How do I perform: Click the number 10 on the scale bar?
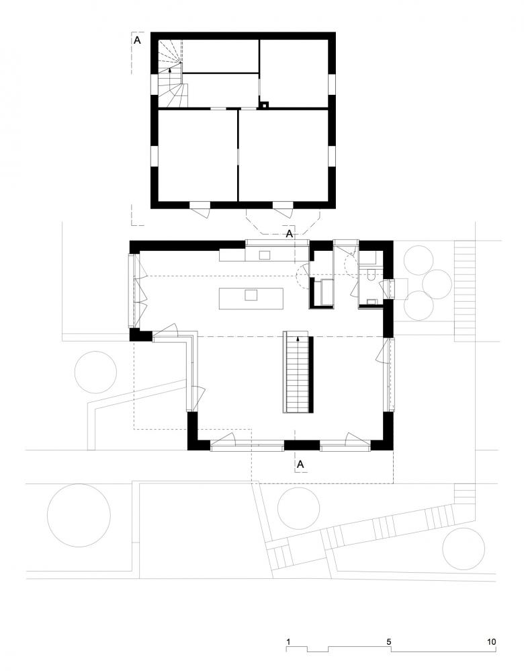click(492, 641)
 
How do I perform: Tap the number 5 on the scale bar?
click(390, 641)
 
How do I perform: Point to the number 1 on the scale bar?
click(288, 641)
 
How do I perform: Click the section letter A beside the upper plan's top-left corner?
click(138, 40)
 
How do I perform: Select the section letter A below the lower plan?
click(300, 464)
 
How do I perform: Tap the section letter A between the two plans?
click(290, 234)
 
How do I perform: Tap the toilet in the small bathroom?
click(372, 276)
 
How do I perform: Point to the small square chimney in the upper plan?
click(265, 104)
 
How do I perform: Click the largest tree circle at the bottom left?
click(77, 515)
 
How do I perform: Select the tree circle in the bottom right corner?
click(464, 549)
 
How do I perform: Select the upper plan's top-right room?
click(294, 71)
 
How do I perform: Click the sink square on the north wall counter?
click(265, 255)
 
